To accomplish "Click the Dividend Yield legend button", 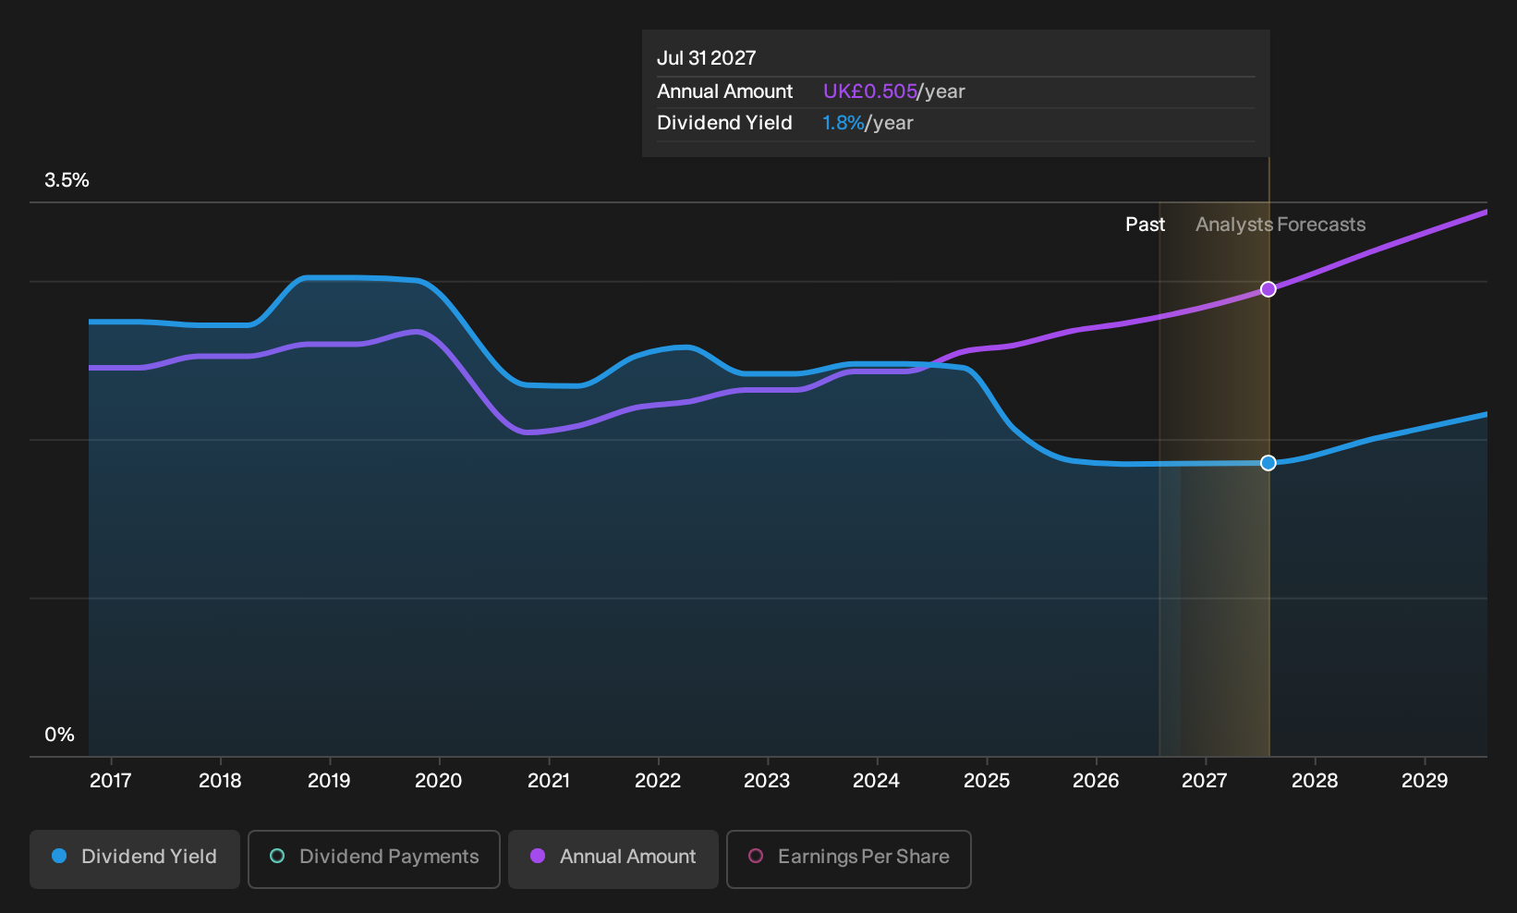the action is (135, 858).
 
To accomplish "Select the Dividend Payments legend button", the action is (374, 858).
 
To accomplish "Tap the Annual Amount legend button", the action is (613, 858).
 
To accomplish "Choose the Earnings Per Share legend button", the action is (848, 858).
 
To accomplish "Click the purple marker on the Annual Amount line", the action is (1268, 289).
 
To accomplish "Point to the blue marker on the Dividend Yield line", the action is (1268, 463).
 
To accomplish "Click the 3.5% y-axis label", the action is (67, 180).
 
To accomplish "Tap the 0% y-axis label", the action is (60, 735).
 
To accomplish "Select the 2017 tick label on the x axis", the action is (110, 780).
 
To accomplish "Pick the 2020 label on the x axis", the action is (439, 780).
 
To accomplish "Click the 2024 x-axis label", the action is (877, 780).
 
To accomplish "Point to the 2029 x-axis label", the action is (1425, 780).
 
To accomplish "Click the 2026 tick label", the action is (1096, 780).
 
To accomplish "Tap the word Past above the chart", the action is (1146, 225).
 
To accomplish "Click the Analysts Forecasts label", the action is (1280, 225).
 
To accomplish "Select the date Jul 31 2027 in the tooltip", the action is (707, 58).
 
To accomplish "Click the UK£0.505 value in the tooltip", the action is (869, 91).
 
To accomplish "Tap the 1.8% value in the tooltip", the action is (843, 123).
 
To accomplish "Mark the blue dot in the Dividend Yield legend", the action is (59, 856).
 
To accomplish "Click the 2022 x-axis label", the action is (658, 780).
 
